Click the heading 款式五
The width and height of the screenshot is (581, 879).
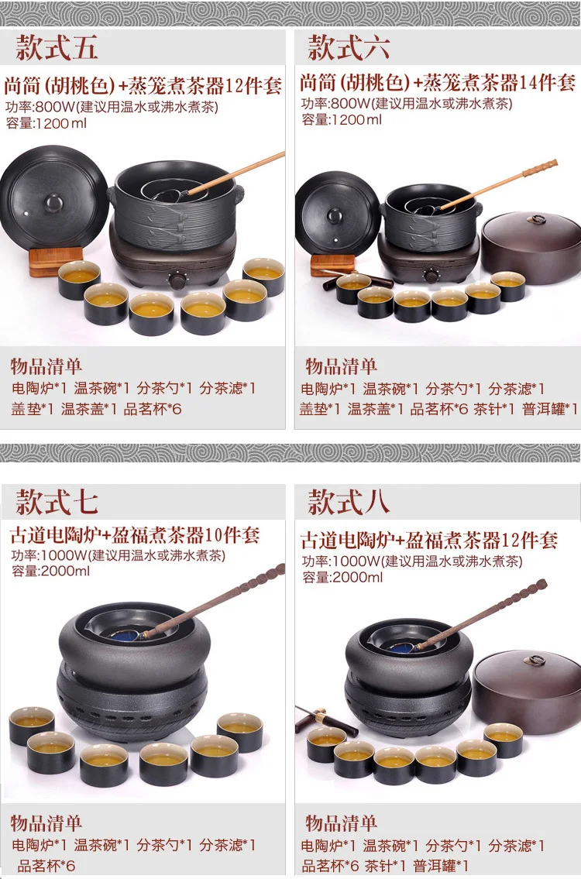[x=57, y=47]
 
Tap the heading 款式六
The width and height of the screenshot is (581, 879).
[x=349, y=47]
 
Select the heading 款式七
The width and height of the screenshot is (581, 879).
[x=57, y=502]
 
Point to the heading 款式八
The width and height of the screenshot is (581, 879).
[x=349, y=502]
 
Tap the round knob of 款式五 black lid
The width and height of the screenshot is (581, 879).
[x=53, y=201]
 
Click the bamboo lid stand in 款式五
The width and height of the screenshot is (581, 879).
[x=56, y=261]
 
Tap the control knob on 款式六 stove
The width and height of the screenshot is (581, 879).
[x=431, y=275]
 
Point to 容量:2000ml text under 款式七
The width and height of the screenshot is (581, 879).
[x=50, y=572]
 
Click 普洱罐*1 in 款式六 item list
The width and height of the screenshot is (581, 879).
[x=549, y=409]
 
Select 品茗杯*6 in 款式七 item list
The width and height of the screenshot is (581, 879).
[x=46, y=865]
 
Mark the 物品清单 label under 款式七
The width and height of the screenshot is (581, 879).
[x=46, y=823]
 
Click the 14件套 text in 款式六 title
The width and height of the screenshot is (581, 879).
[x=547, y=82]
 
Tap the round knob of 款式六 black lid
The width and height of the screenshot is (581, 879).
[x=335, y=215]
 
